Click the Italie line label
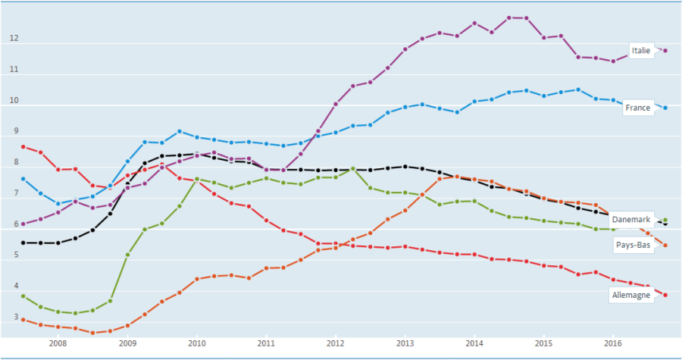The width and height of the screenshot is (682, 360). pyautogui.click(x=640, y=51)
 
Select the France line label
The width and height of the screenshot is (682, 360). pyautogui.click(x=637, y=108)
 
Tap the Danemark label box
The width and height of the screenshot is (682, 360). pyautogui.click(x=631, y=219)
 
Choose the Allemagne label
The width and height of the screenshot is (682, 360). pyautogui.click(x=630, y=295)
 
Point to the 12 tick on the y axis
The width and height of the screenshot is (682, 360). pyautogui.click(x=13, y=39)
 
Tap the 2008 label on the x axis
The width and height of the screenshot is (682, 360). pyautogui.click(x=58, y=343)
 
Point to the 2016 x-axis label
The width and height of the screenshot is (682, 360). pyautogui.click(x=612, y=343)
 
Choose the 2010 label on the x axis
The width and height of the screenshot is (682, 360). pyautogui.click(x=196, y=343)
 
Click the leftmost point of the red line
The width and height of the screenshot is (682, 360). pyautogui.click(x=23, y=146)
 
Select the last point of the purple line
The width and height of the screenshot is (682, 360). pyautogui.click(x=665, y=51)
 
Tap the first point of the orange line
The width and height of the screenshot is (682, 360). pyautogui.click(x=23, y=319)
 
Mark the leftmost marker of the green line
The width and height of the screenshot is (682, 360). pyautogui.click(x=23, y=296)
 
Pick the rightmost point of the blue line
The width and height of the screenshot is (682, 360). pyautogui.click(x=665, y=108)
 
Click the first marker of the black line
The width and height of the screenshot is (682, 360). pyautogui.click(x=23, y=243)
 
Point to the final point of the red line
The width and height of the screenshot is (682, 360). pyautogui.click(x=665, y=295)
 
